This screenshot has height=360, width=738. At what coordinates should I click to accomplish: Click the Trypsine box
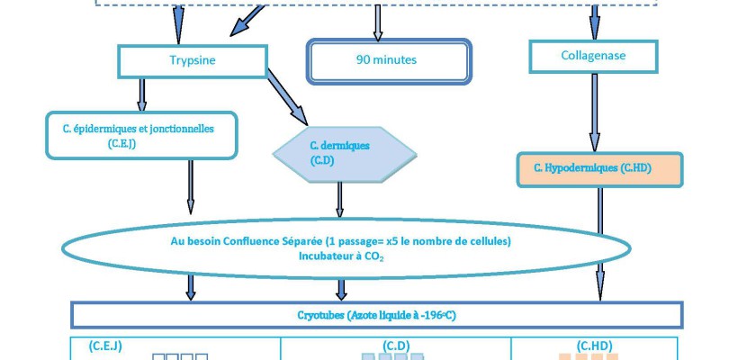pos(193,61)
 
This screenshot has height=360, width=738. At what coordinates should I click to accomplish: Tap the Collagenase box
pos(593,56)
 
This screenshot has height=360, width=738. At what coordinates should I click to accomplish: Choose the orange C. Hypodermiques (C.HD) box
pos(598,169)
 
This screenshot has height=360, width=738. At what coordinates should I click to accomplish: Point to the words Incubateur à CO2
pos(341,256)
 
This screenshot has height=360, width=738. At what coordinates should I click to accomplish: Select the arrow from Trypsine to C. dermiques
pos(288,100)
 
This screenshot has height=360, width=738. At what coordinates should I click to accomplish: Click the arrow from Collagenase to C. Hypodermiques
pos(593,112)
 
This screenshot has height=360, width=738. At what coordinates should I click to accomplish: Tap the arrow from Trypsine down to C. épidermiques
pos(141,94)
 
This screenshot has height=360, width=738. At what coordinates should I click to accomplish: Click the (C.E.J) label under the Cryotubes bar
pos(105,345)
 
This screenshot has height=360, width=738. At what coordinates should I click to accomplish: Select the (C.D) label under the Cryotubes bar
pos(397,345)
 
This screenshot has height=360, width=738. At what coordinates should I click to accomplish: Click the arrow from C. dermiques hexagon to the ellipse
pos(340,200)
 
